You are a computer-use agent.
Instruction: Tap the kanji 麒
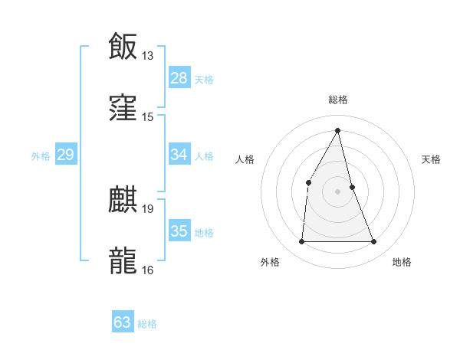pyautogui.click(x=123, y=199)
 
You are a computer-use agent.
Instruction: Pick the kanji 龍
pyautogui.click(x=123, y=260)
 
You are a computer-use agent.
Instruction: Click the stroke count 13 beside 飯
pyautogui.click(x=148, y=56)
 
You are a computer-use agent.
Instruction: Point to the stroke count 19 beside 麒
pyautogui.click(x=148, y=208)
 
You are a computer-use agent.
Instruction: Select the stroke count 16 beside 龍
pyautogui.click(x=148, y=270)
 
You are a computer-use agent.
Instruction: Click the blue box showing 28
pyautogui.click(x=179, y=78)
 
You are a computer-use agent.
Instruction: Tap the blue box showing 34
pyautogui.click(x=179, y=155)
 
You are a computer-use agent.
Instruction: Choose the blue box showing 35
pyautogui.click(x=179, y=231)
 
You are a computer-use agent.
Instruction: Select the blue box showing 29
pyautogui.click(x=65, y=155)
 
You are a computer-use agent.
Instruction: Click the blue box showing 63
pyautogui.click(x=123, y=322)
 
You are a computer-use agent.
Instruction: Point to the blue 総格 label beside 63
pyautogui.click(x=147, y=324)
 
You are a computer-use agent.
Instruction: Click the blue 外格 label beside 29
pyautogui.click(x=41, y=156)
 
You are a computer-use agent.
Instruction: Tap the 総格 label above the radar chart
pyautogui.click(x=337, y=100)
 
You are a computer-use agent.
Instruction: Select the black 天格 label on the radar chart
pyautogui.click(x=431, y=159)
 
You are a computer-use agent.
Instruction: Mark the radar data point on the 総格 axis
pyautogui.click(x=337, y=130)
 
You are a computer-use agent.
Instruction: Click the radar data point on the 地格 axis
pyautogui.click(x=374, y=242)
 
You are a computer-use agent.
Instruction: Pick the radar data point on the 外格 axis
pyautogui.click(x=301, y=242)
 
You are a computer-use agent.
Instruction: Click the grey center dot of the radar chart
pyautogui.click(x=337, y=191)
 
